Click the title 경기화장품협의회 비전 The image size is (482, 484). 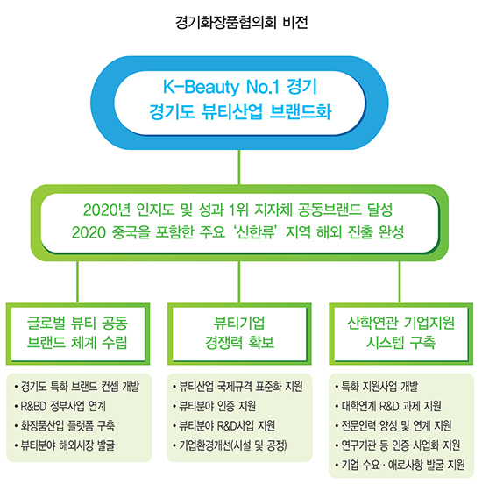(242, 22)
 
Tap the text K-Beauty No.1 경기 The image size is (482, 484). (240, 87)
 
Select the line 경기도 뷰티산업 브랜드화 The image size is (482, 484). (240, 111)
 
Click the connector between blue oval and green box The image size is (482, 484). (239, 167)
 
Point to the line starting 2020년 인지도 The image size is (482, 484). (237, 210)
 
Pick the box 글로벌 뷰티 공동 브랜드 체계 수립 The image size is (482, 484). (78, 334)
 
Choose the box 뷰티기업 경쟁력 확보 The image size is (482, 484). (239, 334)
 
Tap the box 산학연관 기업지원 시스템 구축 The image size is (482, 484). (400, 334)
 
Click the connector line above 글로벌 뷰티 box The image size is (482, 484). (77, 281)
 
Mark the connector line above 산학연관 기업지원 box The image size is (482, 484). (400, 281)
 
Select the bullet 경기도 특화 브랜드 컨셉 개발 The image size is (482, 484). (77, 387)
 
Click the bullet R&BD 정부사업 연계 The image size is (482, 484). (60, 406)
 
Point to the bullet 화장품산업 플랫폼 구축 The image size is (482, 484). (65, 426)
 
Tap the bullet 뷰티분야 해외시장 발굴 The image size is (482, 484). (65, 445)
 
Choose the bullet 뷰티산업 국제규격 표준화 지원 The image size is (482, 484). (237, 387)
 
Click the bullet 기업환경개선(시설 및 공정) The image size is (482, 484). (230, 445)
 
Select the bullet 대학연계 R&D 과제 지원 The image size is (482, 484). (388, 406)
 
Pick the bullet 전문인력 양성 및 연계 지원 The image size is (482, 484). (393, 426)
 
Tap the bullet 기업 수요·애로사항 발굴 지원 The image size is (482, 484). (400, 465)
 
